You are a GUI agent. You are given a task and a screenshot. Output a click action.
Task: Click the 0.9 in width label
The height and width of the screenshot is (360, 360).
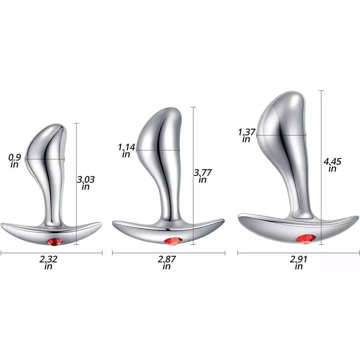pos(15,160)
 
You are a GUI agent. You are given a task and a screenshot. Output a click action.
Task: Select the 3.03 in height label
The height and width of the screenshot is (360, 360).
pos(86,183)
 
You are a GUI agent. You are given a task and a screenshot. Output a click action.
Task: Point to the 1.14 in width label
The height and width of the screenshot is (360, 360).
pos(127,151)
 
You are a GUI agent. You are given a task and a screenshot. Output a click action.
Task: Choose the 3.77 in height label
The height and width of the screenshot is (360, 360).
pos(202,176)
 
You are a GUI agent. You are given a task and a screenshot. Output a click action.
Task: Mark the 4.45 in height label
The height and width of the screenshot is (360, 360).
pos(332,165)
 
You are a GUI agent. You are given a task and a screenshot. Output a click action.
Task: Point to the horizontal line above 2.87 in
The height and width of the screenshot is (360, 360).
pos(168,253)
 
